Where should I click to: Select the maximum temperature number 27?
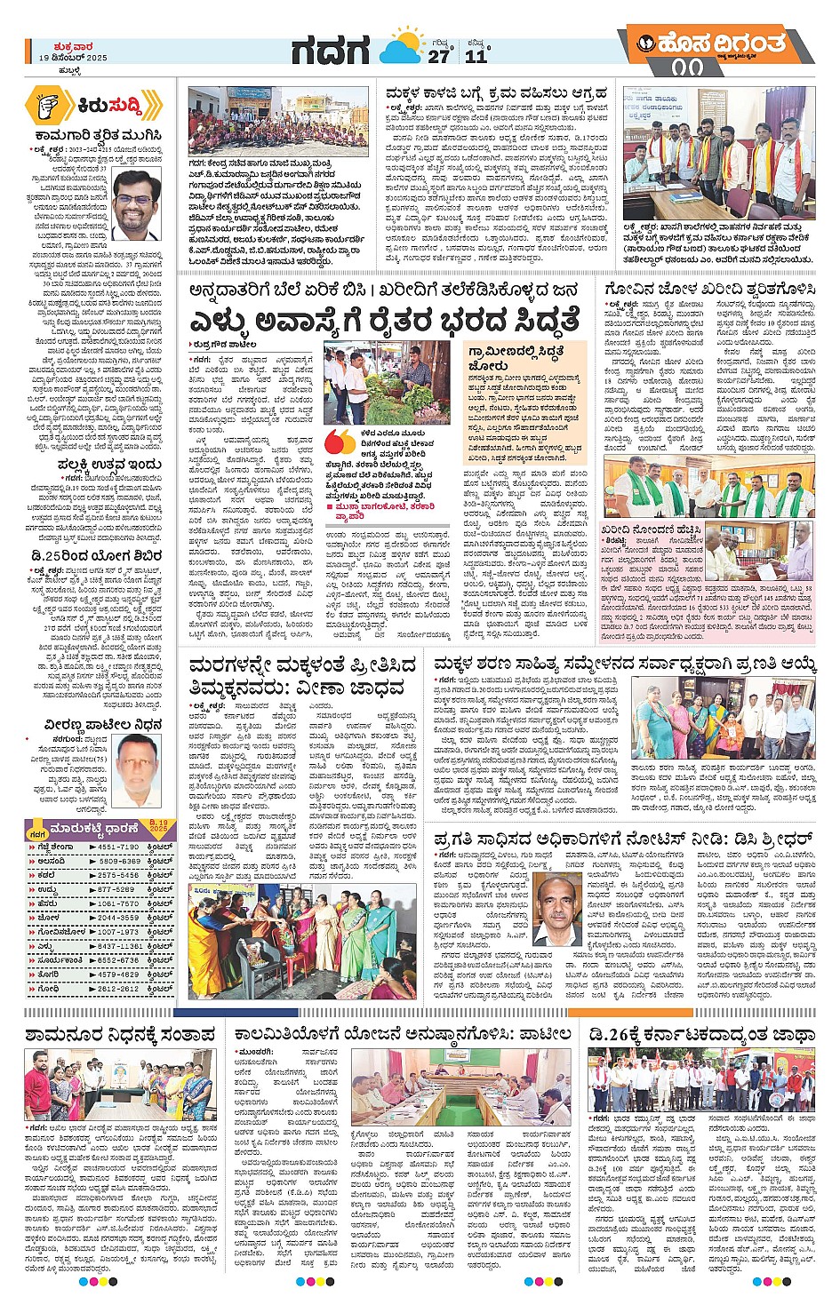439,56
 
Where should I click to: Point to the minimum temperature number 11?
476,56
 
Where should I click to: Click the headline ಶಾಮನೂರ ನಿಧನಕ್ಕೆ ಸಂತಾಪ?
120,1035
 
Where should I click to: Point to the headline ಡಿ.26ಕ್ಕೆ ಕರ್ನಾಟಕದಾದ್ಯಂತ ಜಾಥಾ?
701,1035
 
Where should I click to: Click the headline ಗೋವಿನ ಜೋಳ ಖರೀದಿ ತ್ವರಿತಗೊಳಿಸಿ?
708,290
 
